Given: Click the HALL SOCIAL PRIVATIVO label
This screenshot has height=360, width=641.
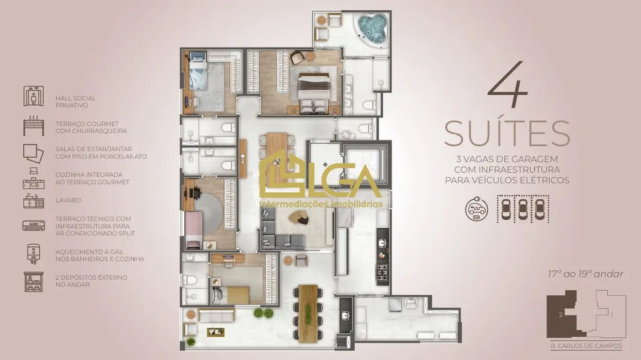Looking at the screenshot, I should [71, 101].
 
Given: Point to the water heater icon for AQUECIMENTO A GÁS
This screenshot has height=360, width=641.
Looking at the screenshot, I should [32, 254].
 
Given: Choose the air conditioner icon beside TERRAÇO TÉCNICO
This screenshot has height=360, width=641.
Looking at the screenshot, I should [33, 225].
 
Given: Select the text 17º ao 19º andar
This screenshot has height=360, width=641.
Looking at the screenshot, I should [585, 274].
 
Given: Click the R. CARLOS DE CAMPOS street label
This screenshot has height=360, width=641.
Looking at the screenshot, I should [586, 346].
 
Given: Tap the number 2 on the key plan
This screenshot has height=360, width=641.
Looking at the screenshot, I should [561, 315].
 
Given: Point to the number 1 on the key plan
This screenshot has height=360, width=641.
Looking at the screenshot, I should [611, 315].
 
